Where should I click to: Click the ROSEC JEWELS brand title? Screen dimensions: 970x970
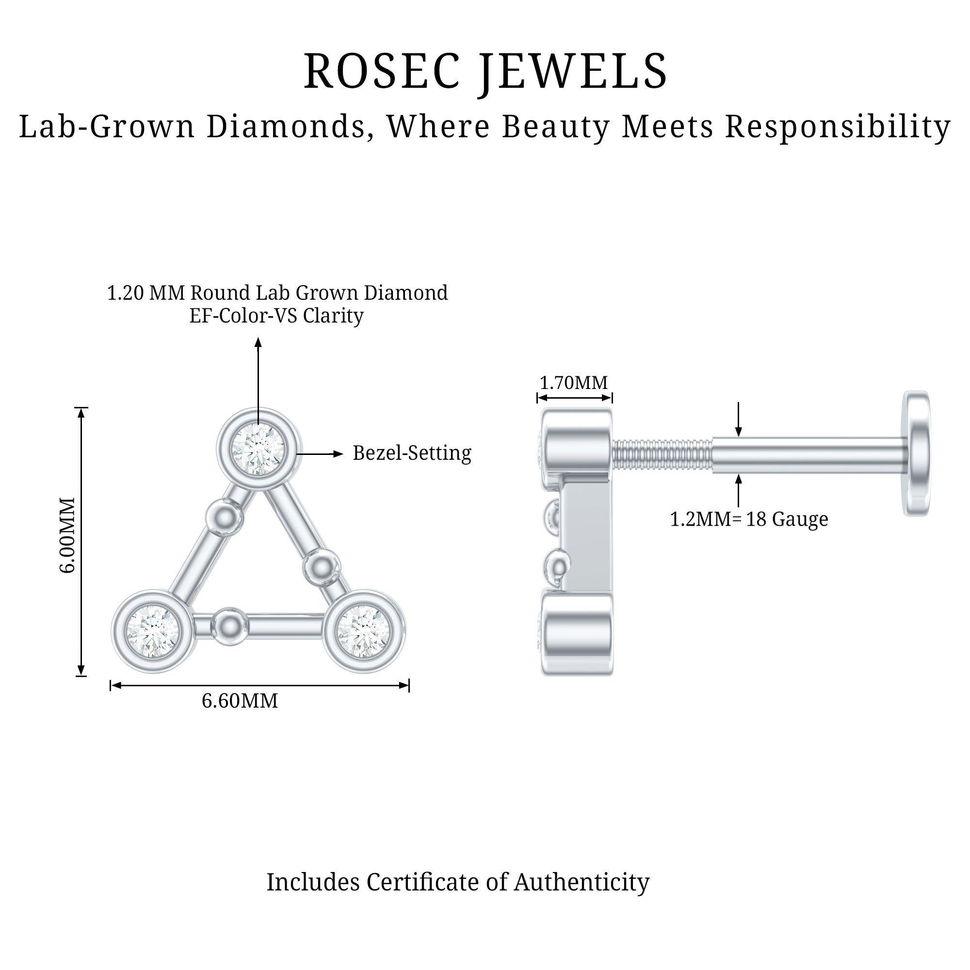pos(485,71)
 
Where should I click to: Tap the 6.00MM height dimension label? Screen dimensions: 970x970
pos(67,534)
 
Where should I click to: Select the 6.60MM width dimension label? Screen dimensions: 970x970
pos(240,701)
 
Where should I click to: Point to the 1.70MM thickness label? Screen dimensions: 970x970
pos(573,383)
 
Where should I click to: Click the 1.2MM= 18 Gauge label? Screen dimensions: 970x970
pos(748,519)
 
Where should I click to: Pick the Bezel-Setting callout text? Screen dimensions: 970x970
pos(412,453)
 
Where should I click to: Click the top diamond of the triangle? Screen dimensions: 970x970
pos(258,449)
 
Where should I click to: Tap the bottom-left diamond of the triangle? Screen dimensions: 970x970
pos(153,630)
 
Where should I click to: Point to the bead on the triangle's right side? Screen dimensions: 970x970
pos(322,567)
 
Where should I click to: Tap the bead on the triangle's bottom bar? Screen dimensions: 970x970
pos(230,626)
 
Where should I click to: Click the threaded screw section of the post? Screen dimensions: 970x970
pos(662,454)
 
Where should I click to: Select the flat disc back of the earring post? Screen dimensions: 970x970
pos(916,453)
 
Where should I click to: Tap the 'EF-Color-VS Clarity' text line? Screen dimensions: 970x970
pos(276,315)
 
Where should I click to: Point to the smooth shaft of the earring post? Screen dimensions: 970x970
pos(808,454)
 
